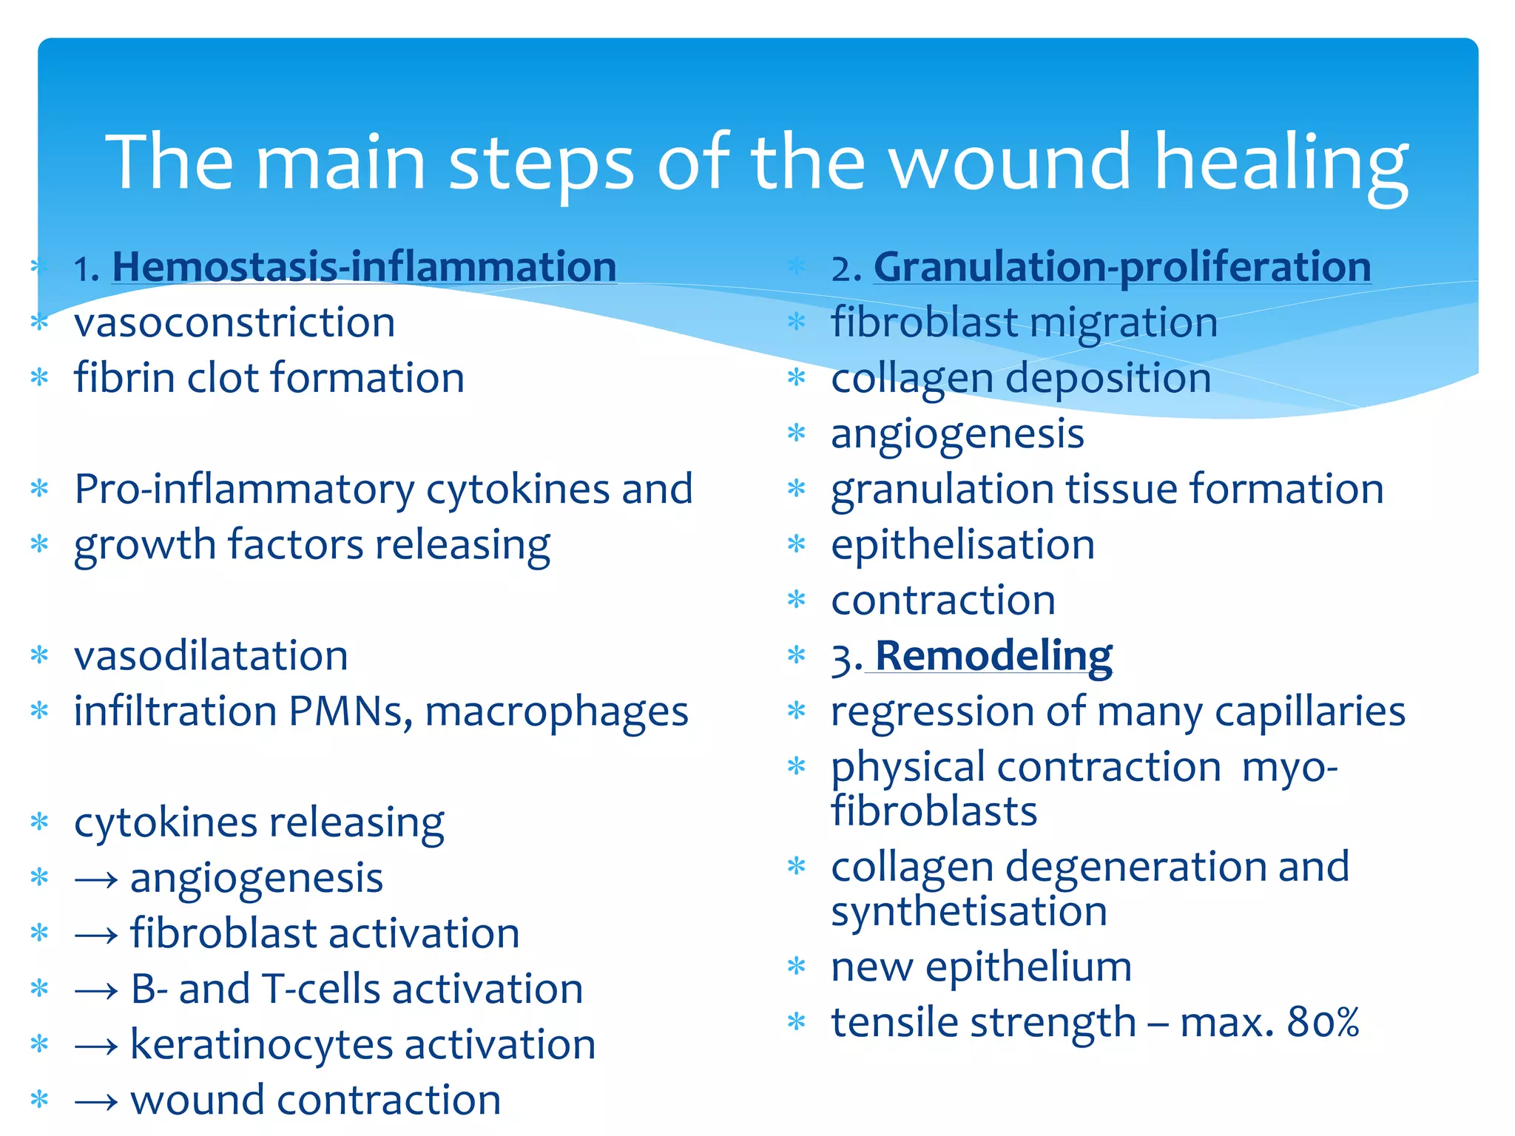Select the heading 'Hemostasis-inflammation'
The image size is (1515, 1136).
(364, 267)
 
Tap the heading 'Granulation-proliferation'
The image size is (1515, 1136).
(1122, 267)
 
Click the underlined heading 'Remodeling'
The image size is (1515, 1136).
(993, 656)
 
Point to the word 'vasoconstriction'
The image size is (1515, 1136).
(234, 323)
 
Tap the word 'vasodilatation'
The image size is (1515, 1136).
(211, 656)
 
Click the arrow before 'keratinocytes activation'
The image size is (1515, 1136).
(96, 1046)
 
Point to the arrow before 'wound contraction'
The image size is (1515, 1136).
(96, 1101)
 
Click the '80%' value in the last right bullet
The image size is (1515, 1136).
(1323, 1023)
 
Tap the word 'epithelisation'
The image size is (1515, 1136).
(962, 546)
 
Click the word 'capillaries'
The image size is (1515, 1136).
(1309, 711)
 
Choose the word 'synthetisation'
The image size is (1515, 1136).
(968, 911)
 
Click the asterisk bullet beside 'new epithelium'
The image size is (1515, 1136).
(796, 967)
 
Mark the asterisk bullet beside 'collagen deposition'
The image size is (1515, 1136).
(796, 378)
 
